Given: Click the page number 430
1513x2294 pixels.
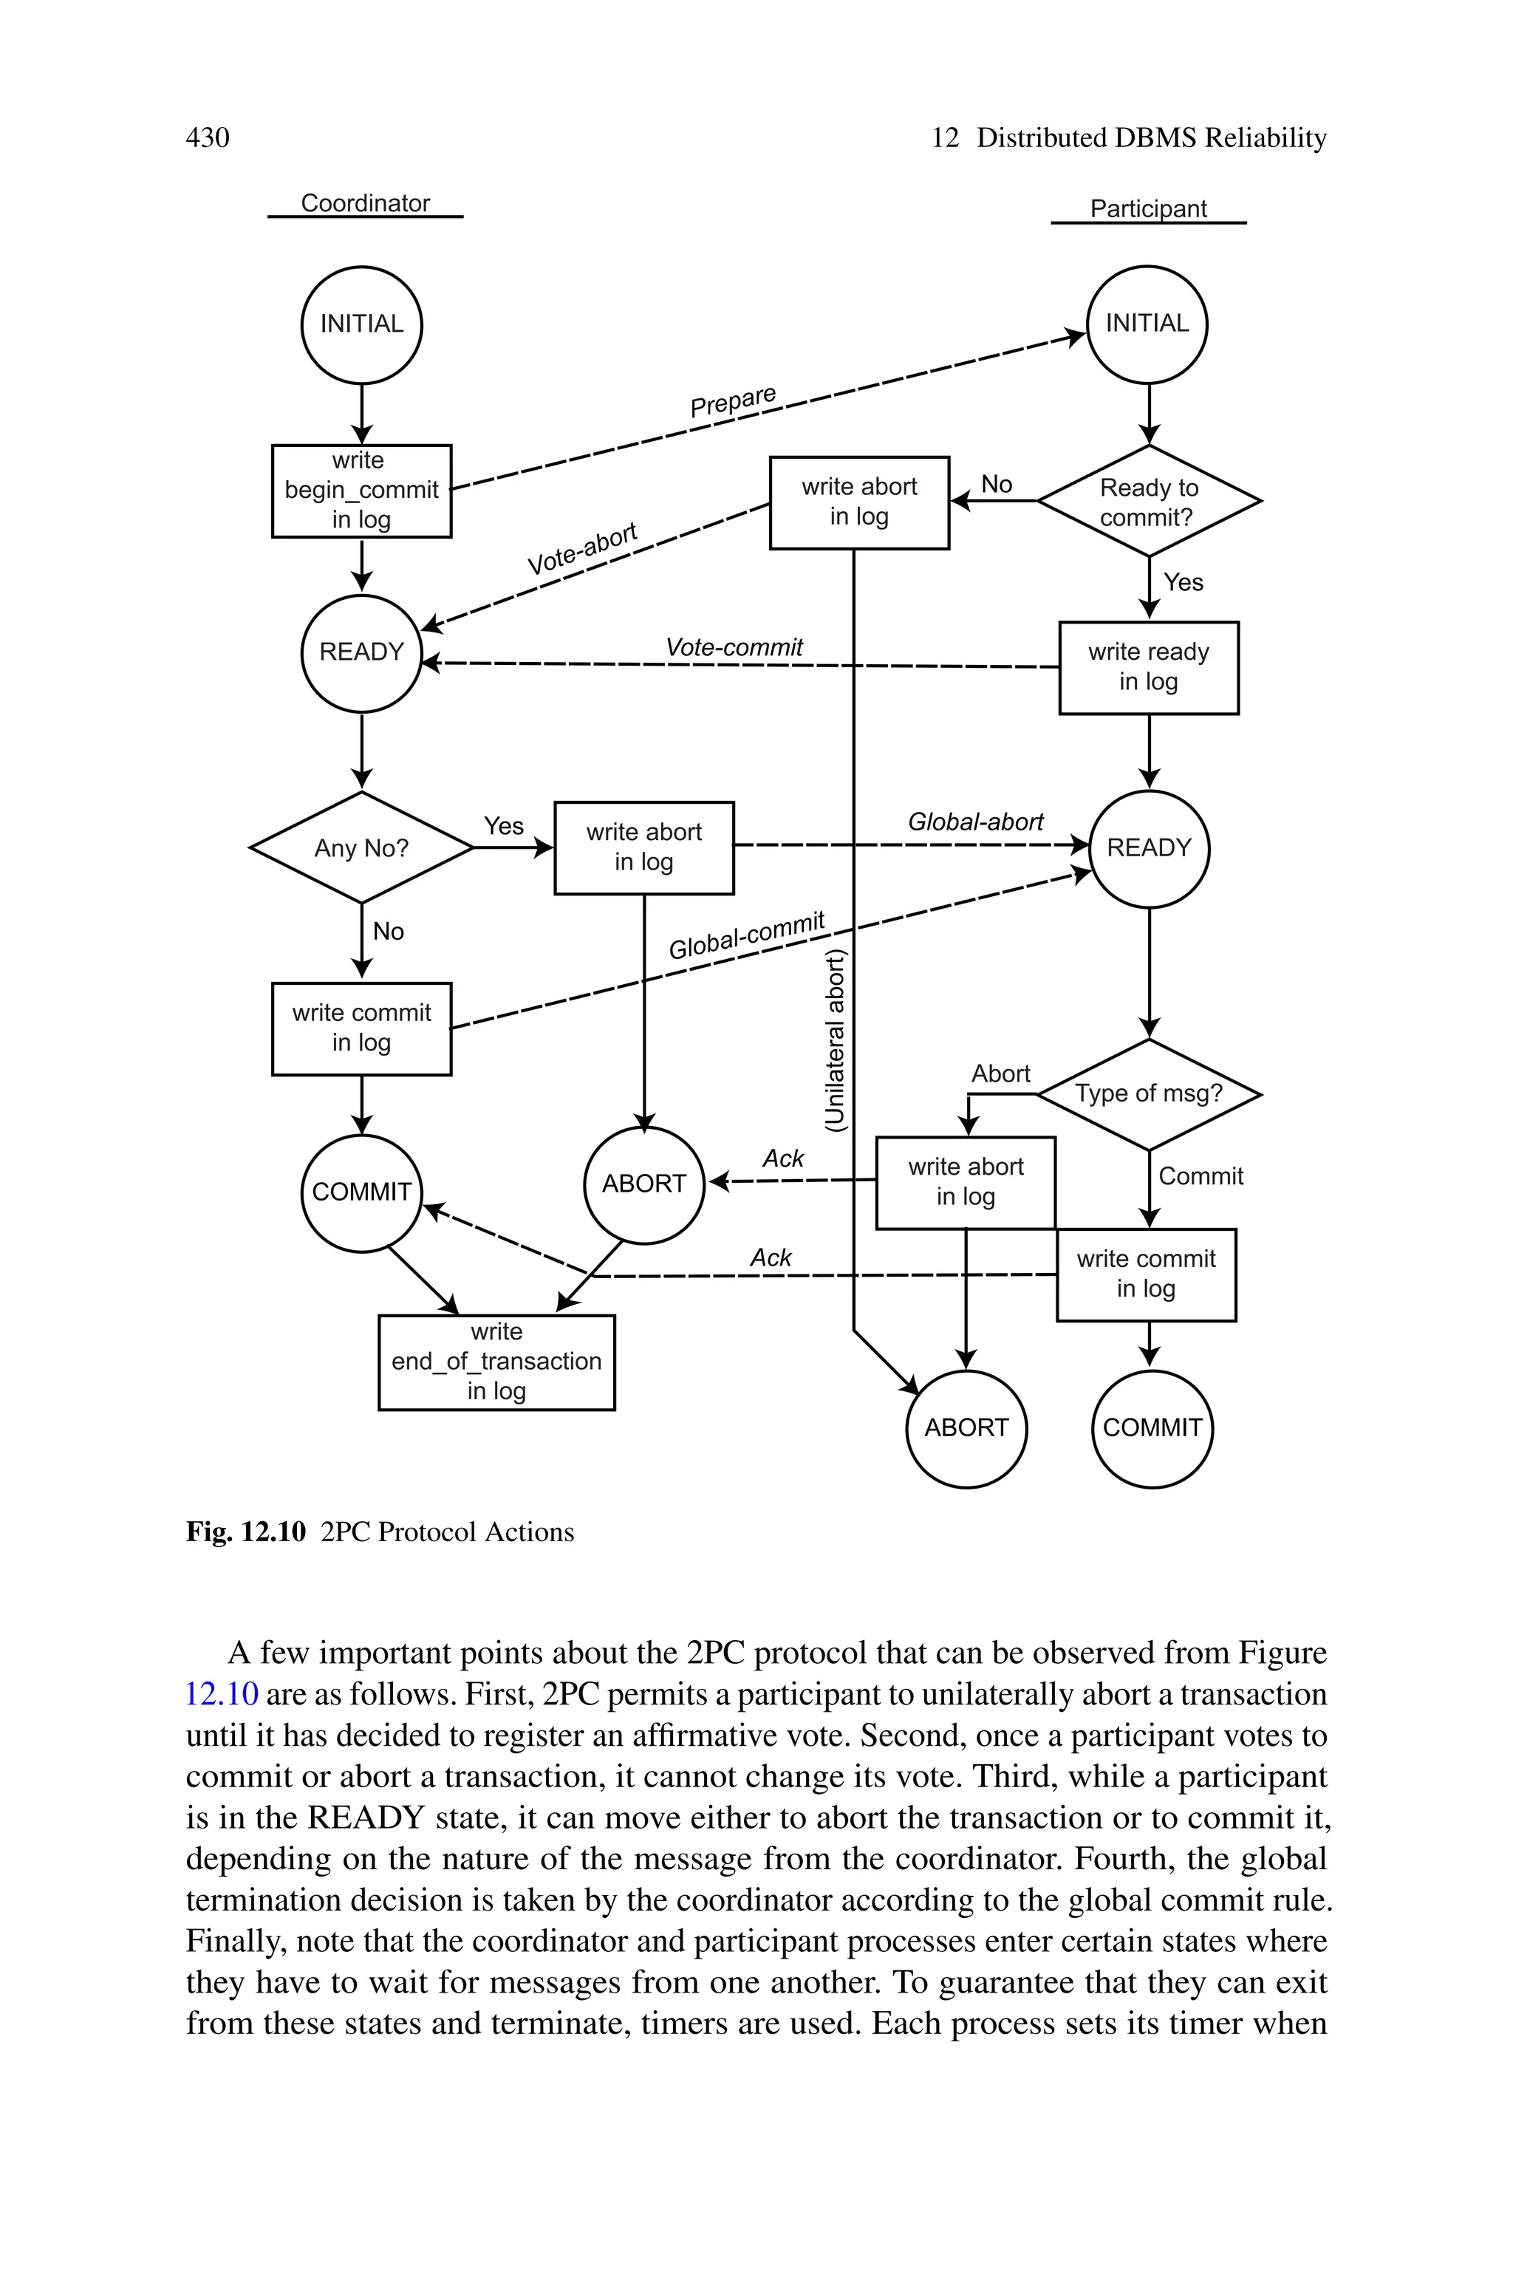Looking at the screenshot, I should coord(208,138).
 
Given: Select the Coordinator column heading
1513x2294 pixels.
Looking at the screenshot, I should coord(365,204).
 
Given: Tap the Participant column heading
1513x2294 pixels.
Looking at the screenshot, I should coord(1147,209).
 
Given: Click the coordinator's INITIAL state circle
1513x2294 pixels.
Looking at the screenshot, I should coord(362,324).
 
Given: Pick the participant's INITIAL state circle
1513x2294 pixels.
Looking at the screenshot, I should coord(1147,324).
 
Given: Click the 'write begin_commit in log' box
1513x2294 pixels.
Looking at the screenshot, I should coord(362,490).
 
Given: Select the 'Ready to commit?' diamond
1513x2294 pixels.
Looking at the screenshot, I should coord(1148,502).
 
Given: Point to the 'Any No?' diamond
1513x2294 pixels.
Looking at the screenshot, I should coord(362,848).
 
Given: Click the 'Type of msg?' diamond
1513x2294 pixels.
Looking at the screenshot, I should coord(1148,1094).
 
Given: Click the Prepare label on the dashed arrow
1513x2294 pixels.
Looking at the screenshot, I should coord(734,400).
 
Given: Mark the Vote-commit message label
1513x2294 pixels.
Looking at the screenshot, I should coord(734,647).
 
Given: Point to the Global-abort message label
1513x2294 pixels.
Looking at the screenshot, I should coord(975,822).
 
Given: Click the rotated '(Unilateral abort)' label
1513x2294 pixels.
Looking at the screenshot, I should coord(836,1040).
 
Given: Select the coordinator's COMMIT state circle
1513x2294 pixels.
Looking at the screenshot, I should coord(362,1192).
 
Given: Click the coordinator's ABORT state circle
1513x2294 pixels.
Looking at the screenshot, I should coord(643,1184).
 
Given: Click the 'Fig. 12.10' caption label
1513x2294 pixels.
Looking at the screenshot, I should coord(246,1532).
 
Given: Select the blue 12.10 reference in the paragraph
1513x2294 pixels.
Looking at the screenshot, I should coord(222,1694).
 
